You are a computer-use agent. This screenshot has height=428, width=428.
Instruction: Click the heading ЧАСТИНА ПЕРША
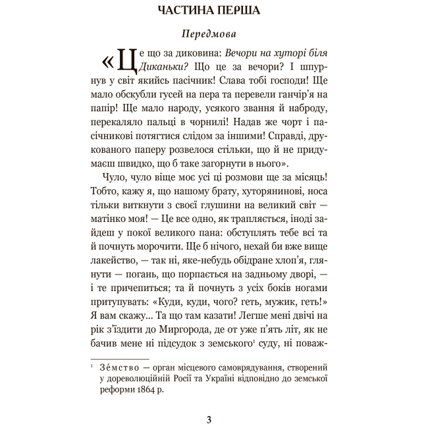214,11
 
